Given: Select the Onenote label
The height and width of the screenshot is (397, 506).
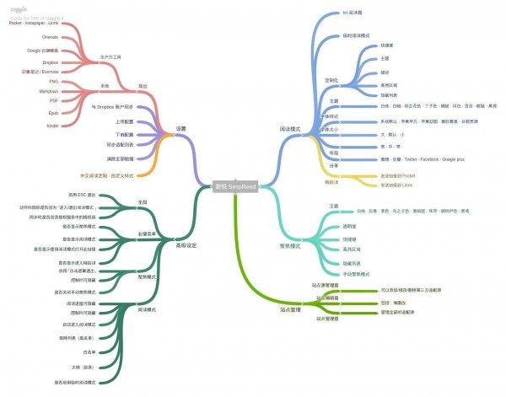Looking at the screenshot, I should point(50,37).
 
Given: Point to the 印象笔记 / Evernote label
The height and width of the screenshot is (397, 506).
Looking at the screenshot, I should point(41,72).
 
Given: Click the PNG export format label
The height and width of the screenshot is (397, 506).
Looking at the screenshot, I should point(52,82).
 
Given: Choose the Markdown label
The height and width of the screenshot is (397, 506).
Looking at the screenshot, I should point(47,90).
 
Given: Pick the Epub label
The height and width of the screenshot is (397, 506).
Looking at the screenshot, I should point(52,112).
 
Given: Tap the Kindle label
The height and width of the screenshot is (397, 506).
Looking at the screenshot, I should point(52,125).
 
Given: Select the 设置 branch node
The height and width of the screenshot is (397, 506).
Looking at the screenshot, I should point(180,129).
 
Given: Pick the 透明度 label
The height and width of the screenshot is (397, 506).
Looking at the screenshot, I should point(336,226).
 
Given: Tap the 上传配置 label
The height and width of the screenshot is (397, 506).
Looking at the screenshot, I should point(126,121).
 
